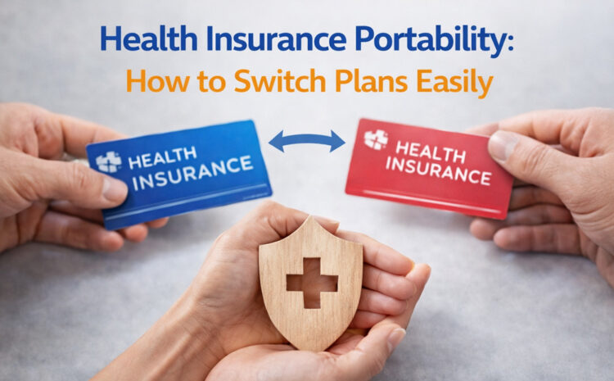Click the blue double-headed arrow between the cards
coord(307,141)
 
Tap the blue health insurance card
coord(180,172)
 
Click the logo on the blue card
coord(109,161)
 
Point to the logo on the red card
coord(375,139)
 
